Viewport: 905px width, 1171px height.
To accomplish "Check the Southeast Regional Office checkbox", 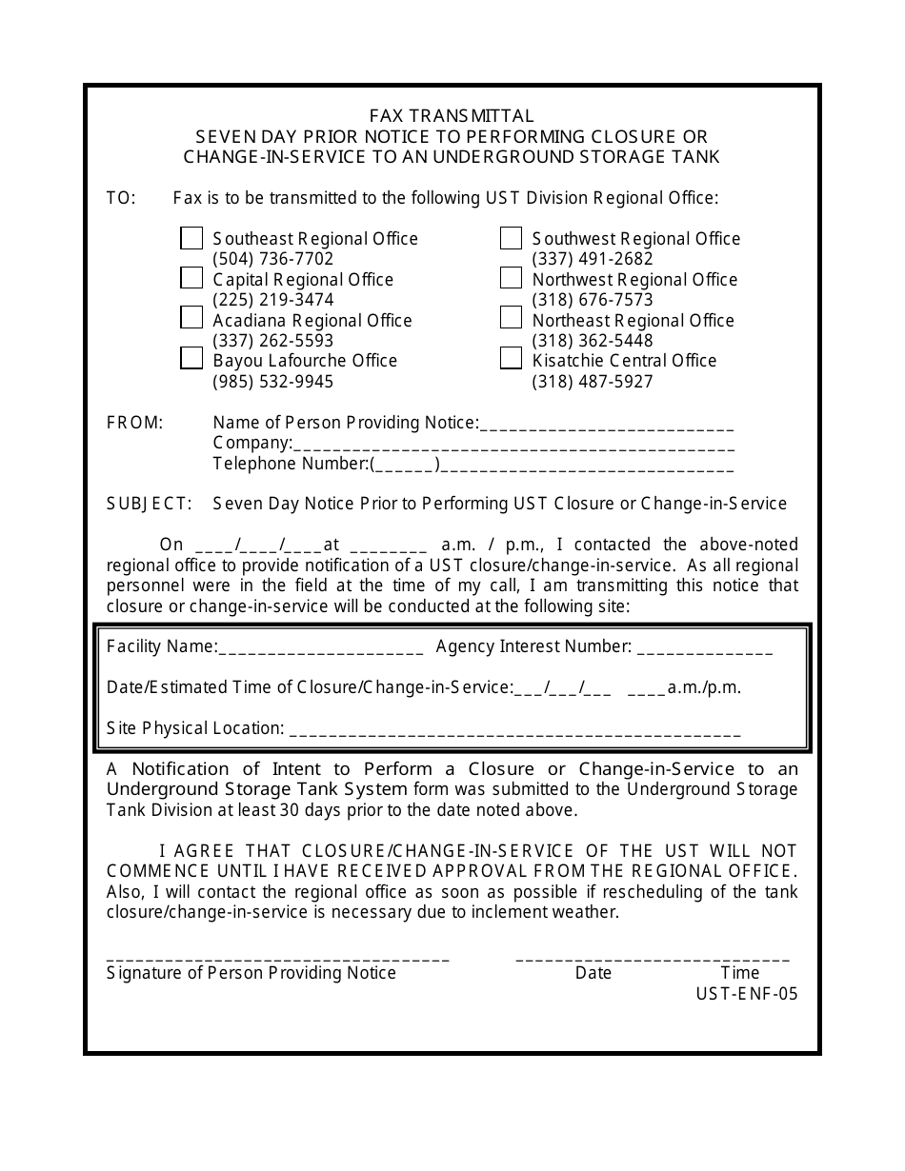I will coord(191,238).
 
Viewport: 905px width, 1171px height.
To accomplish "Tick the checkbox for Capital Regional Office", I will coord(191,278).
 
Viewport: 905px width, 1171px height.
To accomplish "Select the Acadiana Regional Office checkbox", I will coord(191,318).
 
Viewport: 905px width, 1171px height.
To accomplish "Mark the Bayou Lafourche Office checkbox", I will coord(191,359).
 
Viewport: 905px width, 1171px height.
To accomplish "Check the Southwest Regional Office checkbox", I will coord(512,238).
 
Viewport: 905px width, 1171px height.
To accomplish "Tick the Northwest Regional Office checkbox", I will coord(512,278).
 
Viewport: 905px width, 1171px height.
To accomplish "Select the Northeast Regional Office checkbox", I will coord(512,318).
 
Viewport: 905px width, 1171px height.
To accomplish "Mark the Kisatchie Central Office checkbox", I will coord(512,359).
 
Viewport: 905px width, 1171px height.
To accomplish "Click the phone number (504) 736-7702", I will coord(272,259).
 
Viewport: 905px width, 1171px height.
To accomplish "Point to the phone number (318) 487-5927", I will coord(593,382).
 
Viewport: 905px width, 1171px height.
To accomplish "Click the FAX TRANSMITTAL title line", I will coord(452,116).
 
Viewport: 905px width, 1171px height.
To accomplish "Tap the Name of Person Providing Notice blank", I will coord(607,426).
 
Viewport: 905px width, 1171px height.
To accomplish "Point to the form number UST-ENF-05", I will coord(747,994).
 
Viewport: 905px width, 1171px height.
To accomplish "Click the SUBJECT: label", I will coord(150,504).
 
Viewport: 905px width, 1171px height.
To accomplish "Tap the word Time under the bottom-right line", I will coord(740,973).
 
